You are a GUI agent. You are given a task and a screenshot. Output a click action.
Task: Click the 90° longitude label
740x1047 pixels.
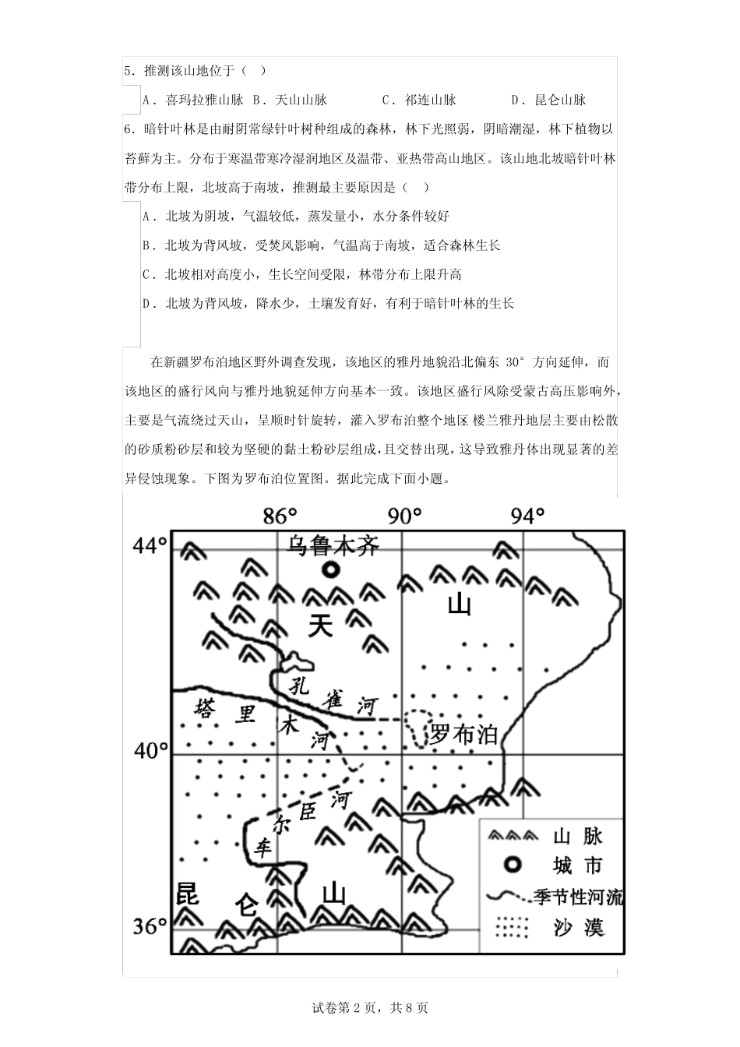click(x=404, y=516)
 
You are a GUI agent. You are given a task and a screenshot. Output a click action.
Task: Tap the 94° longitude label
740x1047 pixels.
click(x=527, y=516)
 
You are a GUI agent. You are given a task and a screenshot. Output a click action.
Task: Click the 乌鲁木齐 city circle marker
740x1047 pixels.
click(x=331, y=570)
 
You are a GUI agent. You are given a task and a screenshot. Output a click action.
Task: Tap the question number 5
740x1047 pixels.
click(x=128, y=71)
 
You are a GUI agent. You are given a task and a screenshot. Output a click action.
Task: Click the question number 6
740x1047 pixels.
click(x=128, y=129)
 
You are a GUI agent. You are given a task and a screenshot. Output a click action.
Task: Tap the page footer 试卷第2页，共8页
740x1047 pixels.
click(x=370, y=1007)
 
